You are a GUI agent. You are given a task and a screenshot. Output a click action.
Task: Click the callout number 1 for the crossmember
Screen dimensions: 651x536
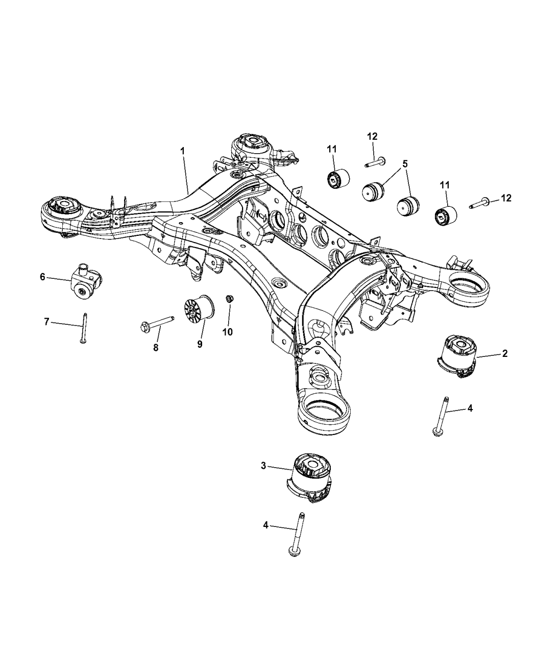(x=182, y=151)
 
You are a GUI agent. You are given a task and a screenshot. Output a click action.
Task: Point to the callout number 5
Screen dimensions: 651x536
(x=405, y=164)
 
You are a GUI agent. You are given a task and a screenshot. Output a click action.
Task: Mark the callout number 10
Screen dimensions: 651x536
(x=227, y=332)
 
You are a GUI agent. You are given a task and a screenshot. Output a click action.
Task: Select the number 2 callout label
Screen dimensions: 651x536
(x=504, y=353)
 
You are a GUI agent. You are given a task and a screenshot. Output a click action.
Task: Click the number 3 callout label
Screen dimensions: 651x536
(x=263, y=465)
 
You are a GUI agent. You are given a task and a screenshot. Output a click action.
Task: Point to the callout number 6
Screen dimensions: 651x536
(x=43, y=277)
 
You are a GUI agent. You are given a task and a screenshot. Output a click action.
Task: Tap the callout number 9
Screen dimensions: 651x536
(x=200, y=344)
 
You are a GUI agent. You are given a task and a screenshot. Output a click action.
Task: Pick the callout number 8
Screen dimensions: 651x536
(x=156, y=347)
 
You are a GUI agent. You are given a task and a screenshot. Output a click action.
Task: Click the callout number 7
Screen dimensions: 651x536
(x=46, y=322)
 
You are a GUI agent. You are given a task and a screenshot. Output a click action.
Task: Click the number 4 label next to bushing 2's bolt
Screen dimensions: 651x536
(x=470, y=408)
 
